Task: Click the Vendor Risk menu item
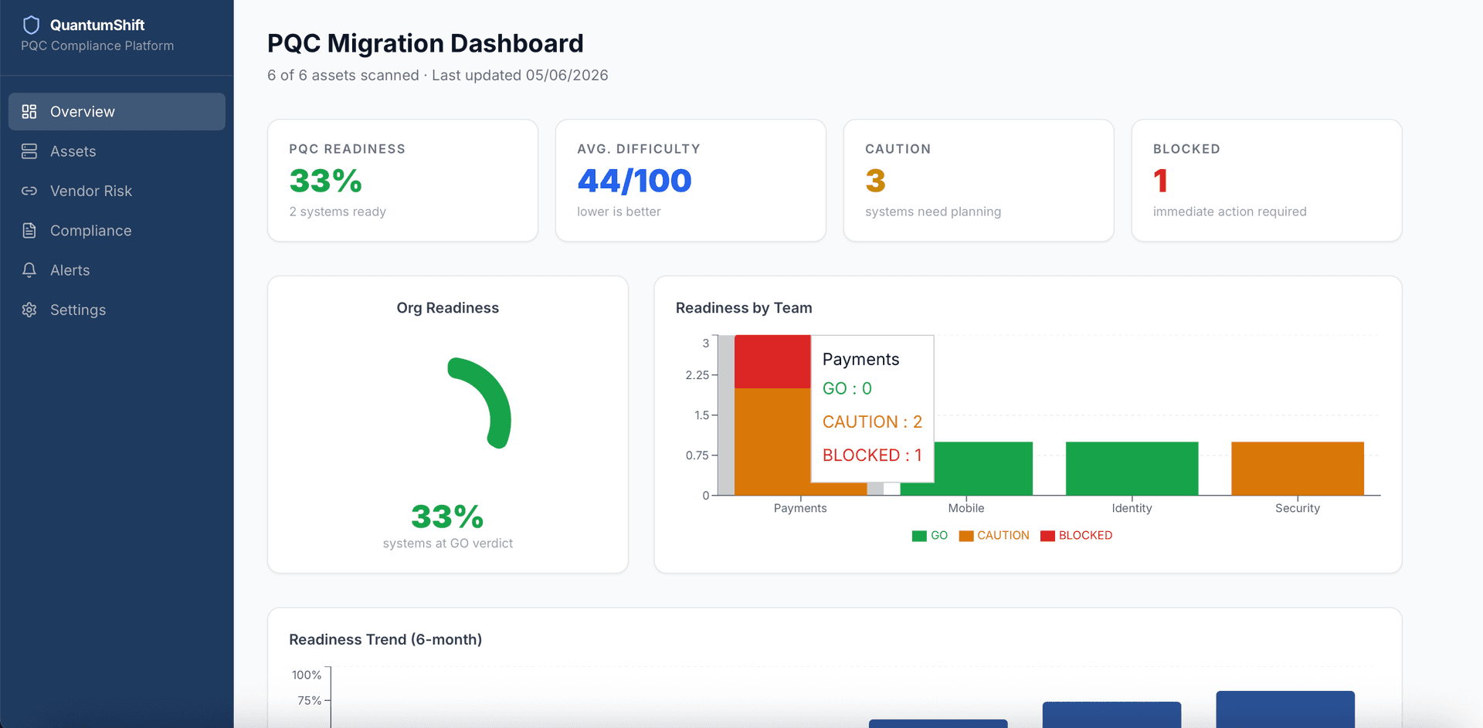pyautogui.click(x=91, y=191)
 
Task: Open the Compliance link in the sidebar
pyautogui.click(x=90, y=231)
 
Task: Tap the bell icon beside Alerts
pyautogui.click(x=29, y=270)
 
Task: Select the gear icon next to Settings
pyautogui.click(x=29, y=310)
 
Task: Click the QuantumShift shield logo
pyautogui.click(x=32, y=25)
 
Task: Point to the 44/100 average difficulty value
pyautogui.click(x=634, y=181)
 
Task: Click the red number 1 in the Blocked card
pyautogui.click(x=1160, y=181)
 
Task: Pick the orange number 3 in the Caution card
pyautogui.click(x=875, y=181)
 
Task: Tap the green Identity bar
pyautogui.click(x=1132, y=469)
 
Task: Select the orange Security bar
pyautogui.click(x=1298, y=469)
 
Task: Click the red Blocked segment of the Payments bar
pyautogui.click(x=772, y=361)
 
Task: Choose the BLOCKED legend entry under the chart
pyautogui.click(x=1076, y=536)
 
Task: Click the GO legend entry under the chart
pyautogui.click(x=930, y=536)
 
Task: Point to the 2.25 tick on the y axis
pyautogui.click(x=697, y=375)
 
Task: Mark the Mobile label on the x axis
pyautogui.click(x=966, y=508)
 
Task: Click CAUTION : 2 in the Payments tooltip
pyautogui.click(x=872, y=422)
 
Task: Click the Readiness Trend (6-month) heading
pyautogui.click(x=385, y=639)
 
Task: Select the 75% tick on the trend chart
pyautogui.click(x=309, y=700)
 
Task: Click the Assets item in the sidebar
pyautogui.click(x=73, y=151)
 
